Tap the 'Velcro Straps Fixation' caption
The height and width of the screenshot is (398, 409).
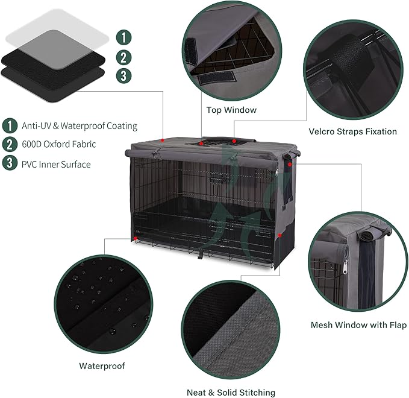tap(352, 131)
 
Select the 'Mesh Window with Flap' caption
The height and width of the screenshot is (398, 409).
tap(358, 325)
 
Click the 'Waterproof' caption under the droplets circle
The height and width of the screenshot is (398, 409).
tap(102, 365)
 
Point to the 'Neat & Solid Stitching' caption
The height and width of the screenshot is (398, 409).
tap(231, 392)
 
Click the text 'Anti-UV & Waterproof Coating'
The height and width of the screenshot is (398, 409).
tap(80, 126)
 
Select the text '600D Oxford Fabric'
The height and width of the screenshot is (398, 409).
tap(58, 144)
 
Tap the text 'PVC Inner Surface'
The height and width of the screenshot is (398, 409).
tap(56, 163)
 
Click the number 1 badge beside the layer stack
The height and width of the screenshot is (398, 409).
tap(123, 37)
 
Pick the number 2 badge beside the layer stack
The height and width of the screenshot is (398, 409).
tap(123, 57)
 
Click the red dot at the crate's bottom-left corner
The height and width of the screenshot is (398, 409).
tap(137, 239)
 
